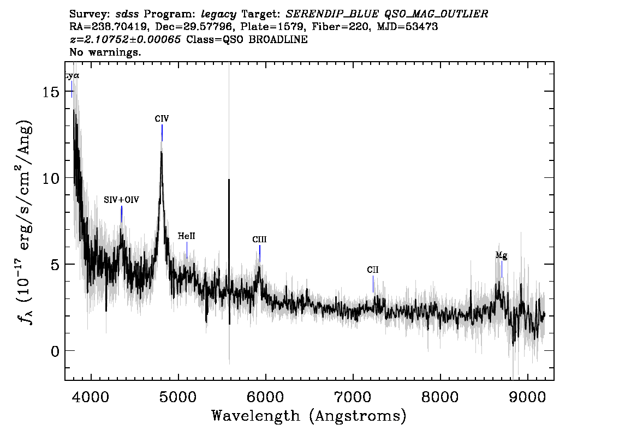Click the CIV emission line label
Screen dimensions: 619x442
162,119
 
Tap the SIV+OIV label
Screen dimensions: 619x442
122,200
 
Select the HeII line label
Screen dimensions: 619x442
186,236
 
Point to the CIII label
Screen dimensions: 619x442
259,240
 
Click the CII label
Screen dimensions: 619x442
373,270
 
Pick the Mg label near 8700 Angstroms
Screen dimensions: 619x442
501,256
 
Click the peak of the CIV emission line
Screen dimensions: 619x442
162,152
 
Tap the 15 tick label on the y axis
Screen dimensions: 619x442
51,92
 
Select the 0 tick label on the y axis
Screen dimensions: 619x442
55,351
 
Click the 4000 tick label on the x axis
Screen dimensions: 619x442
91,397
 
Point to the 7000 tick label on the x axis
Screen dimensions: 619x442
353,397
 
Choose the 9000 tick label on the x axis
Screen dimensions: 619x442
527,397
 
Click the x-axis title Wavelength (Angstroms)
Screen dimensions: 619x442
309,416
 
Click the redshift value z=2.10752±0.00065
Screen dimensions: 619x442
125,39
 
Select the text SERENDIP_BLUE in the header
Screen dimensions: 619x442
332,14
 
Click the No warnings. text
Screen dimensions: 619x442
105,52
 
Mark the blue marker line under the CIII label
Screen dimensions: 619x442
260,253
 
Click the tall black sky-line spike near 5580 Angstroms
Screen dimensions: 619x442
229,252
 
